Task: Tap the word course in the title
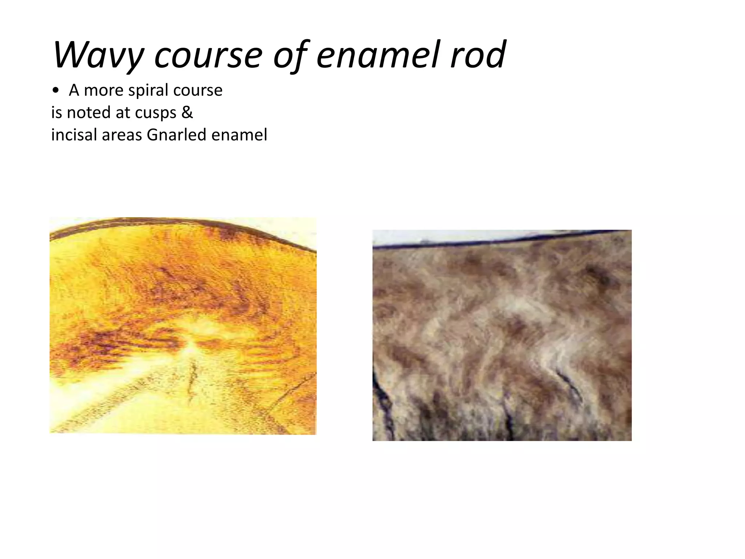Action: point(208,55)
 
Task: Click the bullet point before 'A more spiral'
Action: point(55,91)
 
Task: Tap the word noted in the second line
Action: point(89,112)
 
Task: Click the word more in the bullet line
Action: point(104,90)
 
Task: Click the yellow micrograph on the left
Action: point(183,326)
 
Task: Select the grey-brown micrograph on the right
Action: point(502,335)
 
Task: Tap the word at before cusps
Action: point(123,112)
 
